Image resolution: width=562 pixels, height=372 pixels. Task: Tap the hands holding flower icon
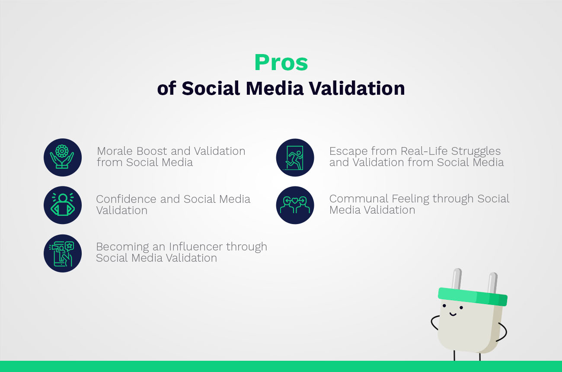63,157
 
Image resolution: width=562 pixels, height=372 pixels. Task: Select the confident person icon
63,205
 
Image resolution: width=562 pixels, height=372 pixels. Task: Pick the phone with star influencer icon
63,253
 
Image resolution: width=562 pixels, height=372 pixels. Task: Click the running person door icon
295,157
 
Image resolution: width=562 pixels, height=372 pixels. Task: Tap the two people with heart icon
295,205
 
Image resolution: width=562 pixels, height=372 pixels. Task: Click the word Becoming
122,247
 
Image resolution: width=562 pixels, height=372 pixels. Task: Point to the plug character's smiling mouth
453,314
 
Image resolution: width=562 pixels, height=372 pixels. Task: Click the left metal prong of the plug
457,279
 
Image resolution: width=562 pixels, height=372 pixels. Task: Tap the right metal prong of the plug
492,282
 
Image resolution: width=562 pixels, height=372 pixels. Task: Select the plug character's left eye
444,306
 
